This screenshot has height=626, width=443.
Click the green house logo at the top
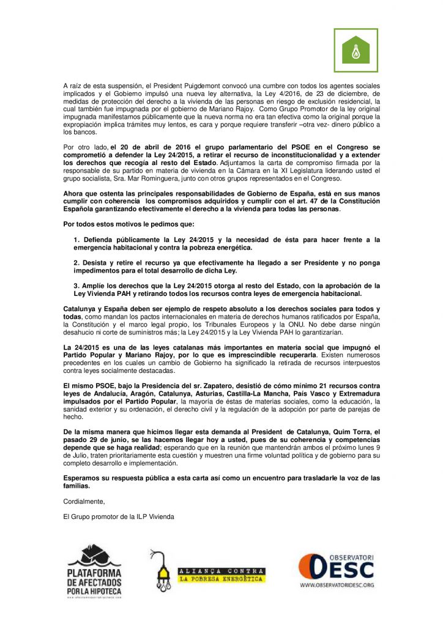pos(355,50)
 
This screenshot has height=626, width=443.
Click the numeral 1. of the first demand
pos(76,239)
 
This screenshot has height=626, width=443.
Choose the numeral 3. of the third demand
pos(76,285)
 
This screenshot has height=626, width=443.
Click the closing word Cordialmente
pos(84,501)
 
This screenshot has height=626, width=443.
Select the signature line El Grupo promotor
pos(119,517)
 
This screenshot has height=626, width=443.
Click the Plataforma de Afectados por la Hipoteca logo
pos(94,571)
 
